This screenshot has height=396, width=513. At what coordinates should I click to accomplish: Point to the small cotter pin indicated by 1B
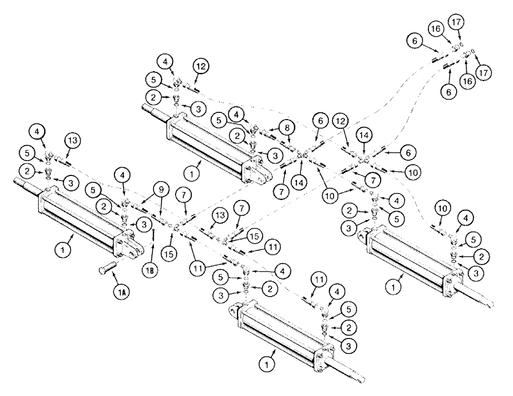click(x=154, y=237)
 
